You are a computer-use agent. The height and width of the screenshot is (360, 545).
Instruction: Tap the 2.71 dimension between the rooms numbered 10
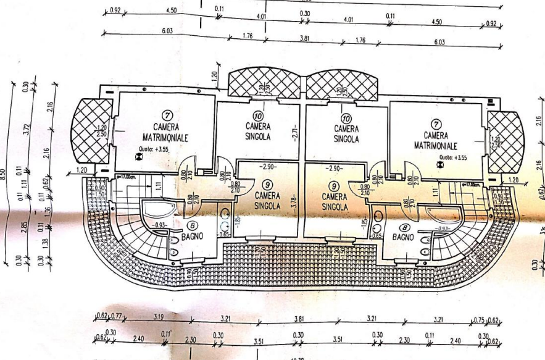296,132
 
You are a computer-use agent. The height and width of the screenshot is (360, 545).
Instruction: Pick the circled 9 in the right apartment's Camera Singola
334,185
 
